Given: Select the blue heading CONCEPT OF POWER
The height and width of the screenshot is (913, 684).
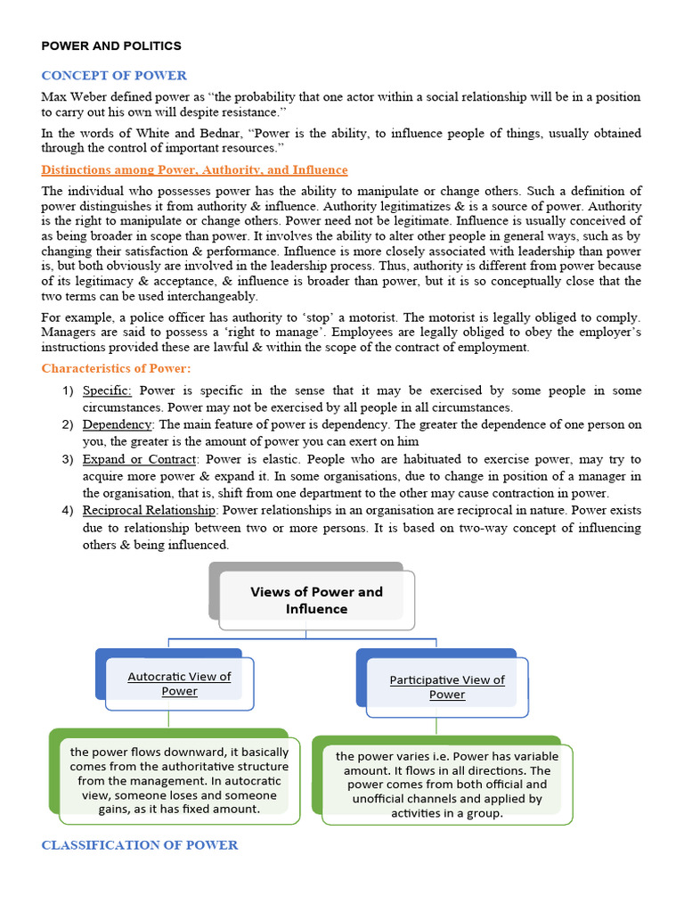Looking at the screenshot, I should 114,75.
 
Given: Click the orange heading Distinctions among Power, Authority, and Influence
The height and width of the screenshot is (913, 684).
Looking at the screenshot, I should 194,169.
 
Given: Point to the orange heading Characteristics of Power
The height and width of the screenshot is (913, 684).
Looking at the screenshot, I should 116,368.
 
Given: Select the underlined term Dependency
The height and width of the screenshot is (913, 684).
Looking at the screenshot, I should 118,424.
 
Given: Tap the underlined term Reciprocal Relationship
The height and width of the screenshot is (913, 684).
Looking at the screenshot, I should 149,510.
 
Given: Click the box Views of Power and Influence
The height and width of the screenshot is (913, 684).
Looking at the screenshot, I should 316,600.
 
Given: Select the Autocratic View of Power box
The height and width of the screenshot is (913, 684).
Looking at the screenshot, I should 179,683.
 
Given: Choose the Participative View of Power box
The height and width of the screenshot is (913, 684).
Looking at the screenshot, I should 446,687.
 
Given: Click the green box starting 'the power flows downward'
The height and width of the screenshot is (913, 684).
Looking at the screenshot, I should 179,780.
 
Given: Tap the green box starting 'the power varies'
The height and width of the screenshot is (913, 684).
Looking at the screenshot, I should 447,784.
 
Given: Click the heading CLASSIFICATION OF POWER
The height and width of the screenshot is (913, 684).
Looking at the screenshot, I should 140,844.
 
